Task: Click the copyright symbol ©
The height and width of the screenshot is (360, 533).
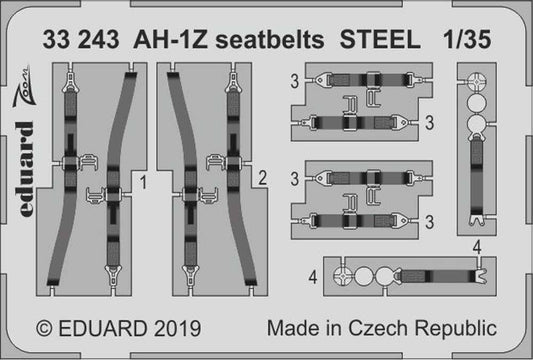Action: point(42,328)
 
